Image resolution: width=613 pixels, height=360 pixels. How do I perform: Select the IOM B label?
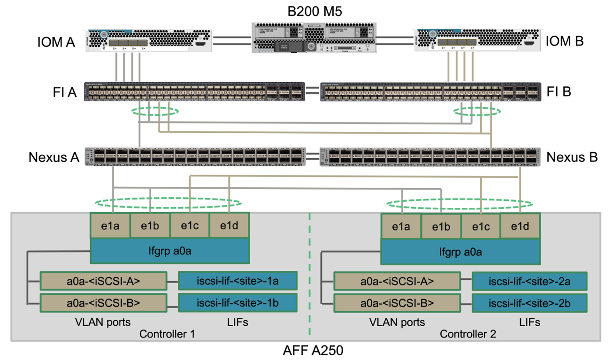[565, 41]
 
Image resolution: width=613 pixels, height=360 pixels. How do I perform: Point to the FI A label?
[65, 92]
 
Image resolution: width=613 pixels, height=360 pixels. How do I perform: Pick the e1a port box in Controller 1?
[110, 226]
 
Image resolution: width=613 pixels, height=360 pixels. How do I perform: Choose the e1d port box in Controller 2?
[520, 226]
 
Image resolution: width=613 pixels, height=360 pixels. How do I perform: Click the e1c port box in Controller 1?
[190, 226]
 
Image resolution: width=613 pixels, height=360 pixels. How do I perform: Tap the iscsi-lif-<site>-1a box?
[238, 281]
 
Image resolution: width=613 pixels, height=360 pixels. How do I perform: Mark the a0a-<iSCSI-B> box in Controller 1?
[104, 302]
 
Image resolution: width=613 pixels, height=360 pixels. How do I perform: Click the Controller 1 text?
[167, 334]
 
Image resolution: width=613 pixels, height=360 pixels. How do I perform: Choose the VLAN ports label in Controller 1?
[103, 322]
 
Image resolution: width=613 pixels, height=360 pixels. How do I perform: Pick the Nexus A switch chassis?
[193, 156]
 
